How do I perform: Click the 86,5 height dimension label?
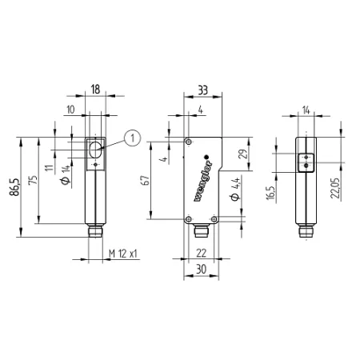point(14,187)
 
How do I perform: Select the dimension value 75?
point(33,180)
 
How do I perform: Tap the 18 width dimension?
point(95,90)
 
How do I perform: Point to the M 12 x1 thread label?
point(123,254)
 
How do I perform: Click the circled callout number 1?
point(133,138)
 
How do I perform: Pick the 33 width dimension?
point(202,90)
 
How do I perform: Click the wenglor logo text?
point(203,181)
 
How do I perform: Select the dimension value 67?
point(146,180)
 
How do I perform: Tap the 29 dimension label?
point(242,154)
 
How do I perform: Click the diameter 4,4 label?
point(235,189)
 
